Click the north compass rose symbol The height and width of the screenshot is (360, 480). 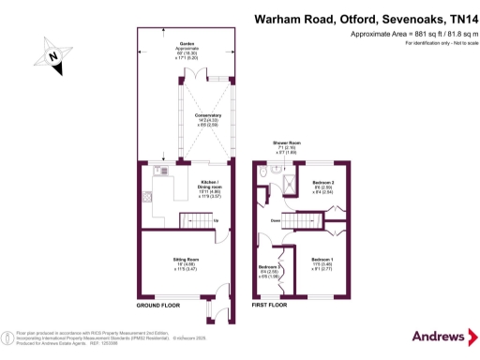(x=54, y=58)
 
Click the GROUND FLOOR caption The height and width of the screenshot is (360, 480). (x=158, y=307)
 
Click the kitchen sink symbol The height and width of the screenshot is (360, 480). (x=162, y=172)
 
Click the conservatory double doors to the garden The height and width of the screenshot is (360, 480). (x=215, y=79)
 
